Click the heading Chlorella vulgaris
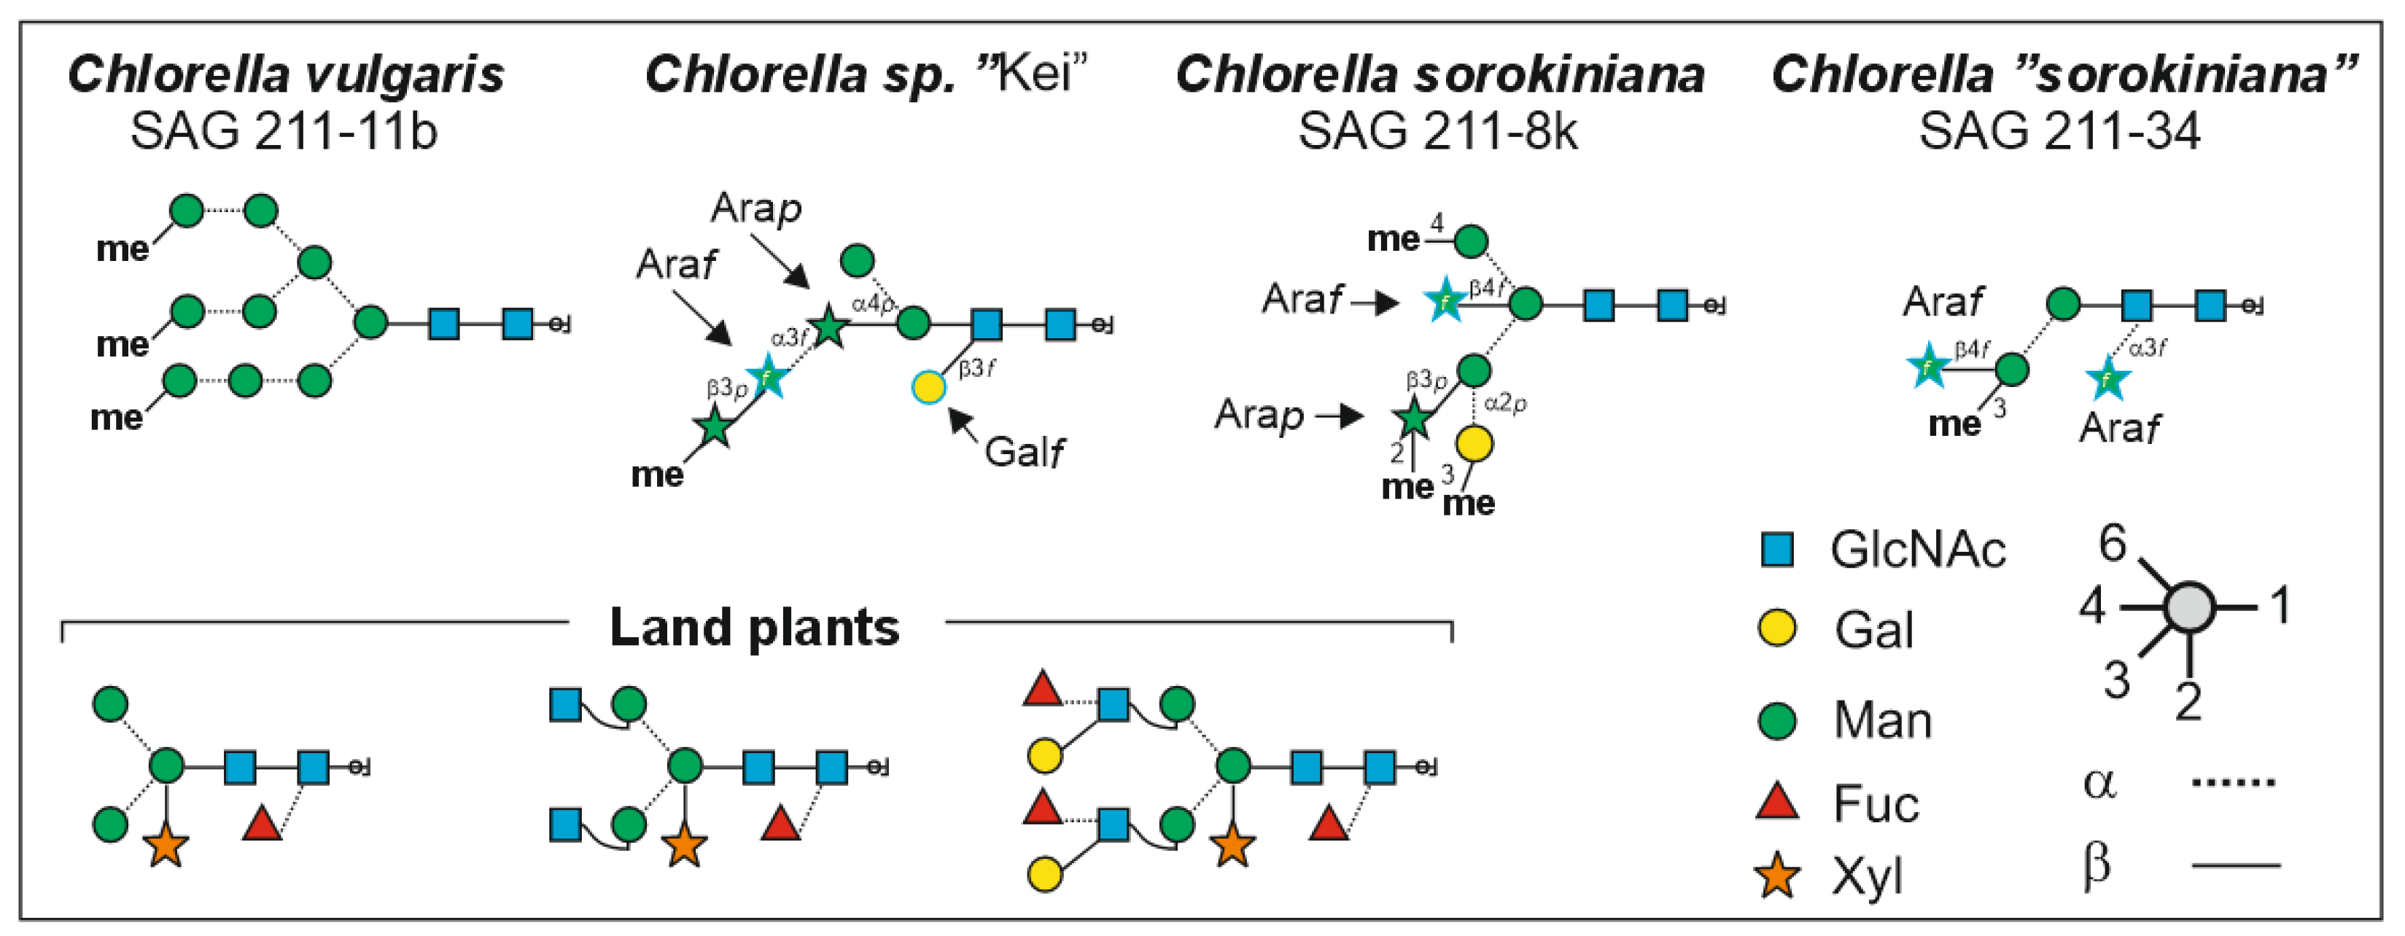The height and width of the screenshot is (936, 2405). pos(286,74)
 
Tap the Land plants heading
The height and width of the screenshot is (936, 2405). pos(754,627)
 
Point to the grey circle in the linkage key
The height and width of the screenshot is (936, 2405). pos(2189,607)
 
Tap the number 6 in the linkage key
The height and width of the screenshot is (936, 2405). pos(2112,543)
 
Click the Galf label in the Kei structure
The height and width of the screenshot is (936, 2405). pos(1024,453)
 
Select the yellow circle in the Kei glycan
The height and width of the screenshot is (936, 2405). pos(929,386)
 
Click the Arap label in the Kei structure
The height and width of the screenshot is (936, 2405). pos(755,207)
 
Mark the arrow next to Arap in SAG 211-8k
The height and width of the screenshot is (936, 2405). pos(1340,416)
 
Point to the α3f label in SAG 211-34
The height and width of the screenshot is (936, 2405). pos(2148,348)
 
